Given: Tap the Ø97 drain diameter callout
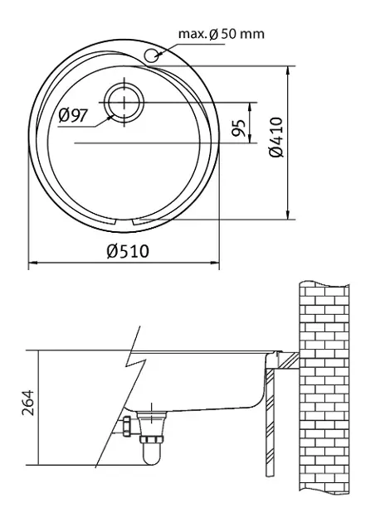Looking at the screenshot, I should pyautogui.click(x=74, y=116).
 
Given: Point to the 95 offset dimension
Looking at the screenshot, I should pyautogui.click(x=238, y=128).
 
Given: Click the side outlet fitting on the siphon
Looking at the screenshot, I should pyautogui.click(x=127, y=428).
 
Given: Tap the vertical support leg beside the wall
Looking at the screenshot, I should pyautogui.click(x=268, y=423).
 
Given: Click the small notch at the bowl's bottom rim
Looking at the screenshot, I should pyautogui.click(x=134, y=222).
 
